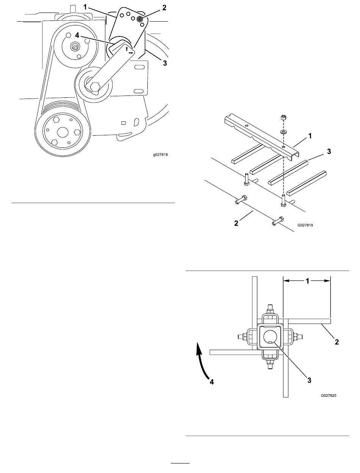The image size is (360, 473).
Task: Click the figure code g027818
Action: tap(160, 155)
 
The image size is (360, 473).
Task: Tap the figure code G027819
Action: tap(305, 225)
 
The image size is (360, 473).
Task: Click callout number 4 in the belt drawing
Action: tap(77, 35)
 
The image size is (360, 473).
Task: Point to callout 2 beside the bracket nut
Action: tap(164, 8)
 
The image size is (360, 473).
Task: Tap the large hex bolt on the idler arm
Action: tap(95, 87)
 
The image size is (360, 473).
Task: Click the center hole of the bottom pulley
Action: tap(63, 132)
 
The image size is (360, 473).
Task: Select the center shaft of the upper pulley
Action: tap(75, 46)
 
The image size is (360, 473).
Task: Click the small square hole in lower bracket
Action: tap(124, 123)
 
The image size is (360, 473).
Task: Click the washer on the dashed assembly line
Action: tap(283, 131)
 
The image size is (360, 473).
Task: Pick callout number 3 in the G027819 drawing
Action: tap(329, 152)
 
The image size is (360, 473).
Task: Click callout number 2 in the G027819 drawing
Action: tap(236, 223)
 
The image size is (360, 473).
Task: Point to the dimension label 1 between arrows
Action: tap(307, 281)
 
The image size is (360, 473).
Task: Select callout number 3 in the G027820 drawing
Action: tap(309, 381)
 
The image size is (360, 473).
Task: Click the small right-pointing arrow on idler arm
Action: tap(131, 52)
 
